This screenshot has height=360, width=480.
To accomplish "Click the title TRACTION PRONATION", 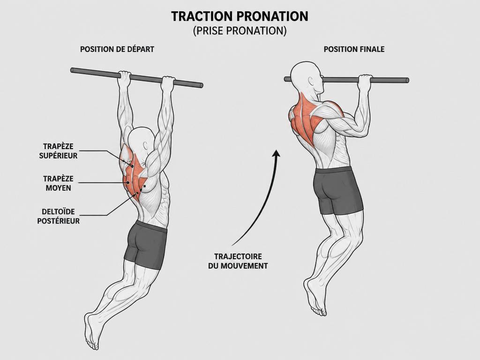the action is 240,16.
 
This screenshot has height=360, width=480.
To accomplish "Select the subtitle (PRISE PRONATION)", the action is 240,31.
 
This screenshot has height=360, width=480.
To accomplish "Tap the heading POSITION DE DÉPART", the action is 117,49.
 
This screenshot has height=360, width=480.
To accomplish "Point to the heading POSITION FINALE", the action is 354,49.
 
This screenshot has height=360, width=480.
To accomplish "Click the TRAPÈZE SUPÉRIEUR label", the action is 58,151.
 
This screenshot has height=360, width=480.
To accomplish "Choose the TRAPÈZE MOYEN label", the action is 58,183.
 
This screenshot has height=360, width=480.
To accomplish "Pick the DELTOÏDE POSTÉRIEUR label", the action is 58,216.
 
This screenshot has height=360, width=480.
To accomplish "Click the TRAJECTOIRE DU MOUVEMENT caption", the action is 238,261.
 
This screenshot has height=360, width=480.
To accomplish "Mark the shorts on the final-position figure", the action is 337,190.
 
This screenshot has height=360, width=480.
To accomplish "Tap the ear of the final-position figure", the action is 312,82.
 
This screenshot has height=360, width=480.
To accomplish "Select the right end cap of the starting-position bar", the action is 201,85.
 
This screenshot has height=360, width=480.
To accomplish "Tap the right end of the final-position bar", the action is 407,81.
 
